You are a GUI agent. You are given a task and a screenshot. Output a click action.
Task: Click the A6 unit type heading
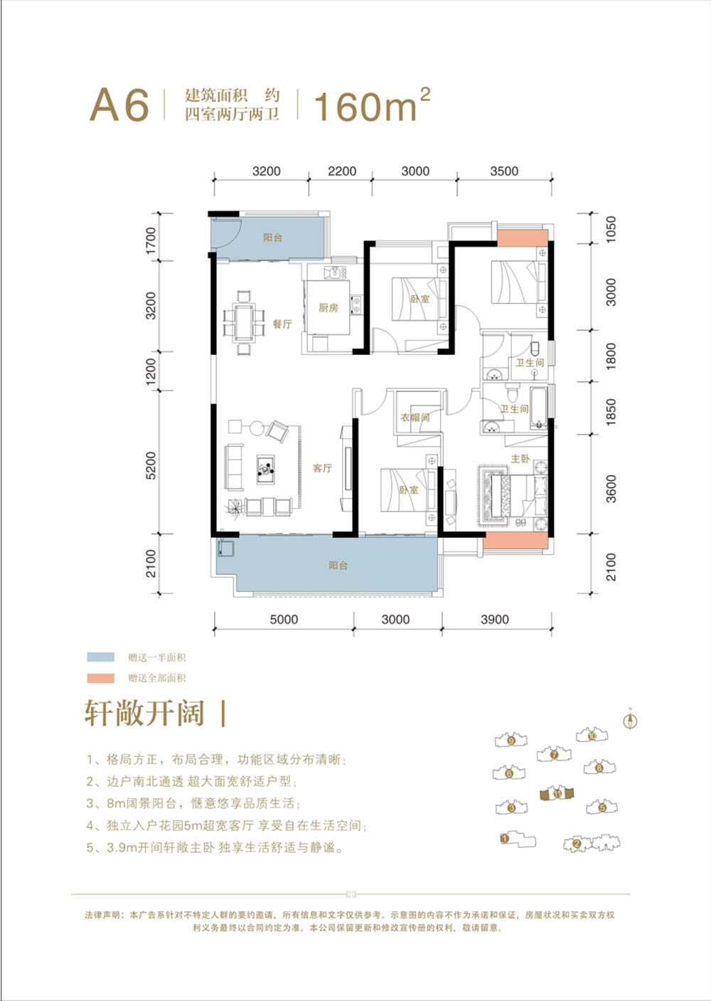[119, 105]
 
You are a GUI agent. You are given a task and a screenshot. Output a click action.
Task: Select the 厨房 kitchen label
[328, 308]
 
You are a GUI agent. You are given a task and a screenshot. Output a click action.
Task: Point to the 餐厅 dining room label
[282, 324]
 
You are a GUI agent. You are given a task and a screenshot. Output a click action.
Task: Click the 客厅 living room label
[322, 468]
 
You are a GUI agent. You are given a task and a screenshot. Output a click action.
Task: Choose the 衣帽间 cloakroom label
[415, 418]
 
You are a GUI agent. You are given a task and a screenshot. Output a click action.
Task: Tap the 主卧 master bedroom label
[520, 459]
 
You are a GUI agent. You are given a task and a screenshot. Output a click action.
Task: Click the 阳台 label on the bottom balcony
[338, 566]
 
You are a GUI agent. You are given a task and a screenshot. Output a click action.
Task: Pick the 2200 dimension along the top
[341, 171]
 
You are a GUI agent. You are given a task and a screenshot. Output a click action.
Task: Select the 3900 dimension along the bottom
[494, 620]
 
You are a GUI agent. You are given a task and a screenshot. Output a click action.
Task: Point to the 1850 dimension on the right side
[611, 414]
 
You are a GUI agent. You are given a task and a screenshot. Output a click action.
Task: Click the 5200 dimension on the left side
[151, 465]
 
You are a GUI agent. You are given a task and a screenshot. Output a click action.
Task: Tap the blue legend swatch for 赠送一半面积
[100, 657]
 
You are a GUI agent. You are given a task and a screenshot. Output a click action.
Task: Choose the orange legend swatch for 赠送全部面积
[100, 678]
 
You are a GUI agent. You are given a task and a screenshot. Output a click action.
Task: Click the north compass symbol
[630, 720]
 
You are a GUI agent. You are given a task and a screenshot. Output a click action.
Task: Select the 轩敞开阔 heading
[144, 713]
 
